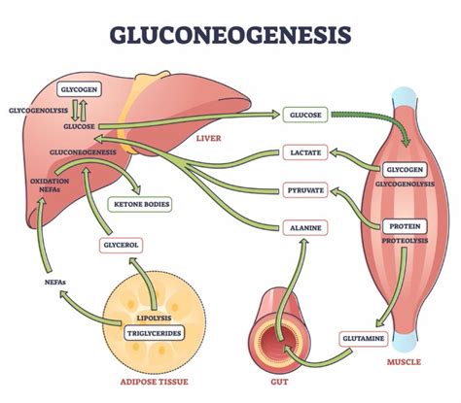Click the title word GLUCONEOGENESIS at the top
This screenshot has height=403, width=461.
(230, 35)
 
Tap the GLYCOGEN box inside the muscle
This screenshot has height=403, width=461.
(402, 168)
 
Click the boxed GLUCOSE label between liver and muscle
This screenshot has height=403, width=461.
(304, 115)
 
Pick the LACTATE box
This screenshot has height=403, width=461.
(304, 152)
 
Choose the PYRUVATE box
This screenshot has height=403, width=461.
(304, 190)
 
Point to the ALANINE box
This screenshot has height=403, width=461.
(304, 228)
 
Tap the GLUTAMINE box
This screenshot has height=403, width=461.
(362, 338)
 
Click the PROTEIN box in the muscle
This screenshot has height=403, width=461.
(402, 226)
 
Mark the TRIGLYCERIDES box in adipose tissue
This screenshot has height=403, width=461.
(152, 331)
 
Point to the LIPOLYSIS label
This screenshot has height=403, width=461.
(152, 318)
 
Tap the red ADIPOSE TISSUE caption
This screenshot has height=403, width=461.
(151, 386)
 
